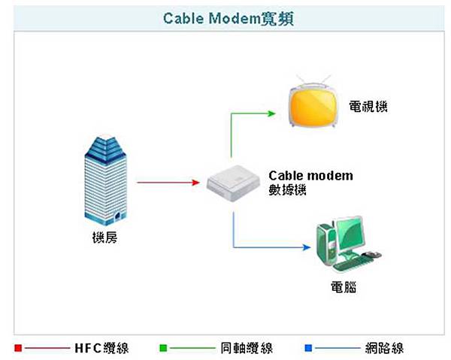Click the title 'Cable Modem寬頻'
tap(225, 18)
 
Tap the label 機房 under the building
tap(104, 238)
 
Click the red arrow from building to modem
tap(165, 182)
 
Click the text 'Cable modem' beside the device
tap(310, 176)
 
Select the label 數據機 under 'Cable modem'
tap(287, 190)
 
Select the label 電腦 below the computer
tap(343, 286)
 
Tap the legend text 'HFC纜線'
tap(101, 348)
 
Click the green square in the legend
tap(162, 348)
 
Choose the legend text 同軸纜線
tap(247, 348)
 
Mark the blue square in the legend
tap(308, 348)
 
